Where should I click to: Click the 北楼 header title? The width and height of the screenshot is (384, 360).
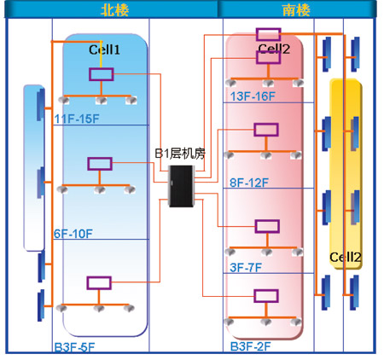(x=114, y=10)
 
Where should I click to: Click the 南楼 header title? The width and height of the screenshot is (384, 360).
(x=296, y=10)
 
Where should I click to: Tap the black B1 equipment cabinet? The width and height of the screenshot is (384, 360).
(x=181, y=186)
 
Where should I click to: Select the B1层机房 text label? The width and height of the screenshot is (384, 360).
(x=180, y=154)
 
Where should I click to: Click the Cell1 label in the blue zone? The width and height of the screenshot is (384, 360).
(x=104, y=49)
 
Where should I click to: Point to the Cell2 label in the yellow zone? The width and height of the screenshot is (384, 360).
(x=346, y=258)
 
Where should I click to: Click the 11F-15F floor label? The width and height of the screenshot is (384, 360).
(x=77, y=119)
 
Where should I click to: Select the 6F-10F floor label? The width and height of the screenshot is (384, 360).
(x=73, y=234)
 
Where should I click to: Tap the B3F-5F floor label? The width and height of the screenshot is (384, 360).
(x=74, y=347)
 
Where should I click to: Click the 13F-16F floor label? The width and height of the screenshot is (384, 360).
(x=253, y=96)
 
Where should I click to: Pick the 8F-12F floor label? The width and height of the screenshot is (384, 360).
(x=249, y=183)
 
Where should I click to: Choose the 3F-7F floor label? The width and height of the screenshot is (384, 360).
(x=246, y=268)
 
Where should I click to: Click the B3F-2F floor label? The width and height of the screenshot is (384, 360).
(x=250, y=346)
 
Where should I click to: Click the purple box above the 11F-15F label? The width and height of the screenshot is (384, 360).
(x=102, y=74)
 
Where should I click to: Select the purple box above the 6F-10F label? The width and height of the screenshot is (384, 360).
(x=100, y=164)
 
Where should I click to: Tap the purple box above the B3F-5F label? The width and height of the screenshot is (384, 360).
(x=99, y=283)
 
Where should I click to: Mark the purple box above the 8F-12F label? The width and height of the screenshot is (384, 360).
(x=266, y=130)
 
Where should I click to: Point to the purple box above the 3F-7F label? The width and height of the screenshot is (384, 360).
(x=267, y=226)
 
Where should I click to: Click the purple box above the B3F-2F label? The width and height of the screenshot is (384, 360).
(x=266, y=296)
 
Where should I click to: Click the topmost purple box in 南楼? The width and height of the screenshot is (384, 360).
(x=269, y=34)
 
